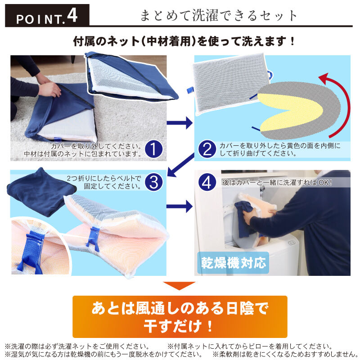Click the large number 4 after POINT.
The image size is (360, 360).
(72, 16)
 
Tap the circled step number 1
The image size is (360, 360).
(153, 149)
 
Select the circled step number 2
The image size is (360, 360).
(207, 149)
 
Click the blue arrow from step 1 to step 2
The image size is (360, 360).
(180, 123)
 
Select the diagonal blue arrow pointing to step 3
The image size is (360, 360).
(181, 165)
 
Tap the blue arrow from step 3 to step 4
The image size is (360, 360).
(180, 207)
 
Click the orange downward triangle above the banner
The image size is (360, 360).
(179, 286)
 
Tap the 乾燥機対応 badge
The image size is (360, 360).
(233, 263)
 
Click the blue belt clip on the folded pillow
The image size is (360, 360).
(94, 238)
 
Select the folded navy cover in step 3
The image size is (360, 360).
(41, 192)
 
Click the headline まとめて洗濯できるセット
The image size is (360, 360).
(218, 16)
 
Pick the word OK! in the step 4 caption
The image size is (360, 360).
(325, 183)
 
